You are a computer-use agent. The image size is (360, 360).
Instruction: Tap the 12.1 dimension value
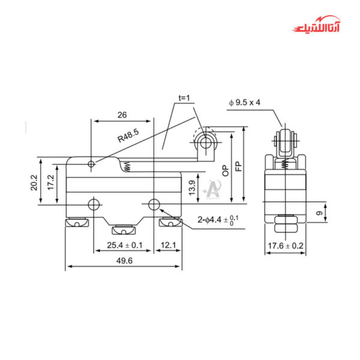coord(167,245)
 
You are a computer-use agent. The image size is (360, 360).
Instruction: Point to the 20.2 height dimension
coord(35,182)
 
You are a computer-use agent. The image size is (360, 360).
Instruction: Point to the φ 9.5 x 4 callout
coord(244,102)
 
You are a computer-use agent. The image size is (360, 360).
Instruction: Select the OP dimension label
coord(225,169)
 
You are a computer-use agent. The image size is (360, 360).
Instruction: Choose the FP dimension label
coord(238,166)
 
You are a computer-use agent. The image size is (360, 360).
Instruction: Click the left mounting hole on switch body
coord(94,204)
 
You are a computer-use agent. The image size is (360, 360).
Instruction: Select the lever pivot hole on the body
coord(91,163)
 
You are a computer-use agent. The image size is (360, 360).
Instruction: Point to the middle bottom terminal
coord(122,230)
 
